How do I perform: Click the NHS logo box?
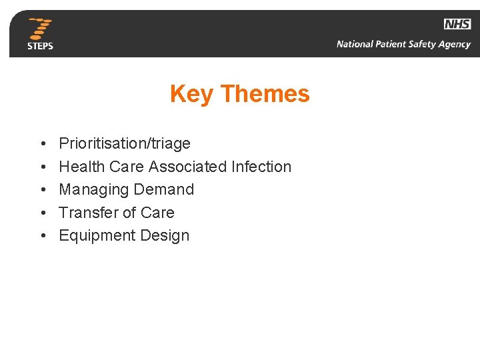[x=457, y=25]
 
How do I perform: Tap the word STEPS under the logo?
[x=41, y=46]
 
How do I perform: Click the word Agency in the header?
[x=453, y=45]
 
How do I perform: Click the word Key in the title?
[x=191, y=94]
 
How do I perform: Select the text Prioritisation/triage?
[x=125, y=144]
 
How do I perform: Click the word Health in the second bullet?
[x=80, y=167]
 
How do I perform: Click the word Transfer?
[x=86, y=213]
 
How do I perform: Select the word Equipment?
[x=95, y=236]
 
